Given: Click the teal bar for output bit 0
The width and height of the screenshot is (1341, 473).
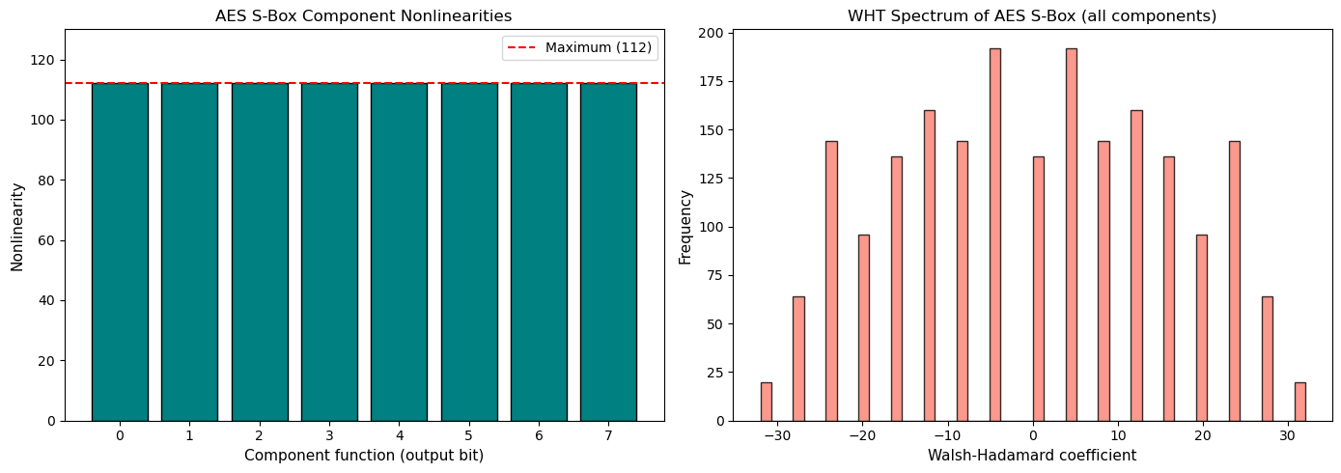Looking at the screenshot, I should (120, 252).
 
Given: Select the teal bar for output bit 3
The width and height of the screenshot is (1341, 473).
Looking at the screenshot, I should (329, 252).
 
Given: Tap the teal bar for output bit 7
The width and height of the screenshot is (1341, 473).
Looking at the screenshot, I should (608, 252).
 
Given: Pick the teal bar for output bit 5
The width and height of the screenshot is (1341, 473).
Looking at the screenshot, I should (469, 252).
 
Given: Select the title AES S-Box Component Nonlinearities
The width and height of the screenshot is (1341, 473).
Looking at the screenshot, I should (364, 15).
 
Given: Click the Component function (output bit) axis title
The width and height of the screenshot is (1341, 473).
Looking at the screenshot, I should (364, 455).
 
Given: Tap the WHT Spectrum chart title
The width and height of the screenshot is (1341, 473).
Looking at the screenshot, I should (1032, 15).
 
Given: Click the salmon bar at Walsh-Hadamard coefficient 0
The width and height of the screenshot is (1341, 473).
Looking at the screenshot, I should (1038, 289).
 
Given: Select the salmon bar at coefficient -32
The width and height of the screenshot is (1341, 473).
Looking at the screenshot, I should (766, 402).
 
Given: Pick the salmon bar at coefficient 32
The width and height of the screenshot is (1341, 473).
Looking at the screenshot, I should (1299, 402).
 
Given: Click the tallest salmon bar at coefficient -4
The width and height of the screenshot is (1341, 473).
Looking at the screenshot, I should (994, 235).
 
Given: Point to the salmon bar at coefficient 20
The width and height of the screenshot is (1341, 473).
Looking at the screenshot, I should (1202, 327).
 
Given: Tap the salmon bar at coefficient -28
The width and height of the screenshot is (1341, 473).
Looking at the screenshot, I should (798, 358).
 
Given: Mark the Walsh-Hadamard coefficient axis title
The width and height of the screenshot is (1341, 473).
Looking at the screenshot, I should (1032, 455).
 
